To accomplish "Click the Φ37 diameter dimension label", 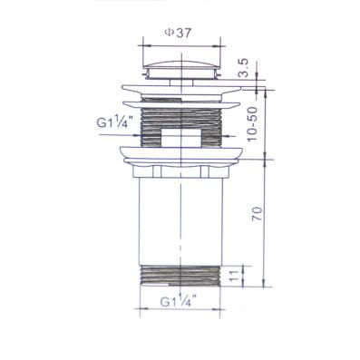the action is click(178, 33).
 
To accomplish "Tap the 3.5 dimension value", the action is click(243, 68).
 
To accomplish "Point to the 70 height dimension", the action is click(257, 214).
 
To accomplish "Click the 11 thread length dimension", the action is click(234, 276).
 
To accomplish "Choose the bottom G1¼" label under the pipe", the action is click(179, 301).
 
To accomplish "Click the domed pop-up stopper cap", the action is click(181, 70).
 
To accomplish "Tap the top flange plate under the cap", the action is click(181, 90).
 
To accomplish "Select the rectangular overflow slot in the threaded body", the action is click(181, 138).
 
